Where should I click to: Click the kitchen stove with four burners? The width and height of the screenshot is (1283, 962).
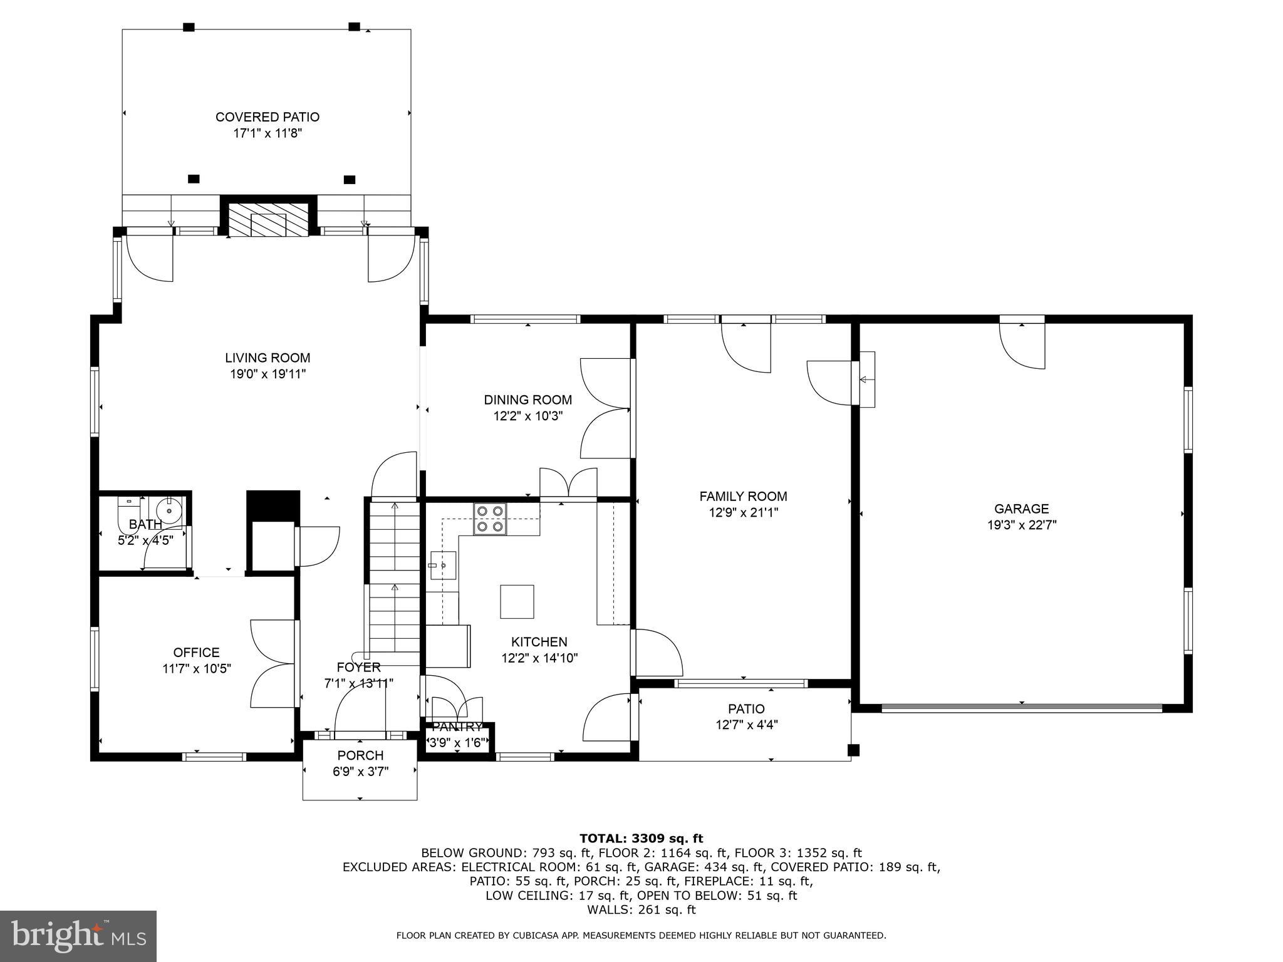coord(490,519)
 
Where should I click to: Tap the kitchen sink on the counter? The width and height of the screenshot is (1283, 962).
coord(442,565)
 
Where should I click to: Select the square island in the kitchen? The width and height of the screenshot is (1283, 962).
coord(517,601)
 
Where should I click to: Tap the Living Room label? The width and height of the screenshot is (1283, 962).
coord(268,358)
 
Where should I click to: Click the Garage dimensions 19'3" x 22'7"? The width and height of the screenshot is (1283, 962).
coord(1022,525)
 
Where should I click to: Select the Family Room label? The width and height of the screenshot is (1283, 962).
coord(743,496)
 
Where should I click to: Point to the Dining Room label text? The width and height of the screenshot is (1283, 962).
coord(527,400)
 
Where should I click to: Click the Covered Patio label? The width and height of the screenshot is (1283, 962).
coord(268,117)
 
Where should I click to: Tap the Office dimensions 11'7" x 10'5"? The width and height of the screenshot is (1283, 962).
coord(197,669)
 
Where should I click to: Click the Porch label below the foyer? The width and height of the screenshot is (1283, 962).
coord(360,755)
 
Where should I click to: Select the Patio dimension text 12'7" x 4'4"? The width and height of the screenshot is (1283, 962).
coord(746,725)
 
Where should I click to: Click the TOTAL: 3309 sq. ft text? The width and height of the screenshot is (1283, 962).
coord(641,838)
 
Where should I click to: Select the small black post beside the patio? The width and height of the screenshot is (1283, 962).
coord(853,750)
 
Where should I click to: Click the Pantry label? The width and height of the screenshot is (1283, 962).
coord(457,727)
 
